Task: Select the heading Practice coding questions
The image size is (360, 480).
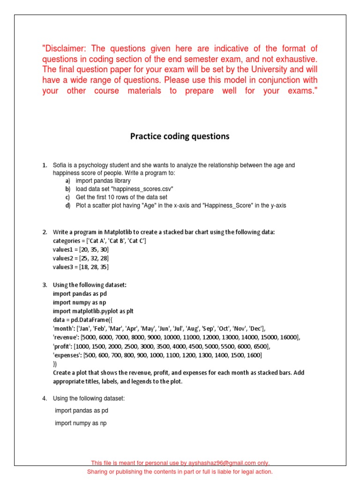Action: click(180, 136)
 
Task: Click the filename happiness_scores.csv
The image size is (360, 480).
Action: click(141, 189)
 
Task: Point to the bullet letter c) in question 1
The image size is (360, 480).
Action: click(68, 197)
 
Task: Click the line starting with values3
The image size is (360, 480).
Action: click(81, 267)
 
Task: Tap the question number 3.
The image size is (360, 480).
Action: click(45, 285)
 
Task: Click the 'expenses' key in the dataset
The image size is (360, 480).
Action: click(67, 355)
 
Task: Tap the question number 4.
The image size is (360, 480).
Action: click(45, 398)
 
